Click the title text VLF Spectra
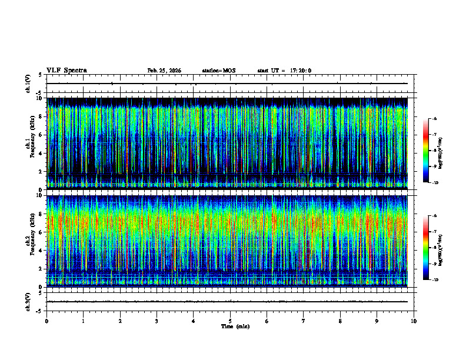[x=66, y=71]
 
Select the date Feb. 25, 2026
[x=164, y=71]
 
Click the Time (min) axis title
[x=235, y=326]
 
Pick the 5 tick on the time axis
[x=230, y=321]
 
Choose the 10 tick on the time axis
[x=414, y=321]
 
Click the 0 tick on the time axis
[x=46, y=321]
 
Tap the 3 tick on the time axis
[x=157, y=321]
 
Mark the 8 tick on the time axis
[x=340, y=321]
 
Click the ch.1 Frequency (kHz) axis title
[x=31, y=142]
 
